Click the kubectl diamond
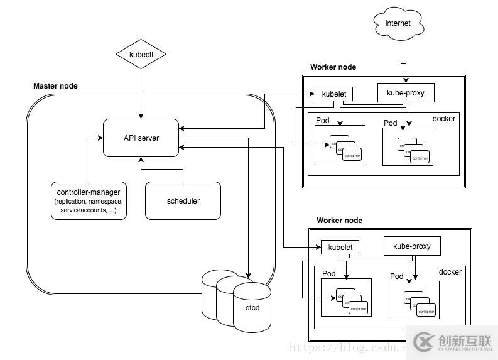pyautogui.click(x=141, y=55)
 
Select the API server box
pyautogui.click(x=141, y=138)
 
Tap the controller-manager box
pyautogui.click(x=89, y=200)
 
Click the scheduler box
pyautogui.click(x=183, y=201)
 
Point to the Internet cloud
pyautogui.click(x=398, y=23)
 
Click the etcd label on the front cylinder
pyautogui.click(x=252, y=308)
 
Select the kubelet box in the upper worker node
pyautogui.click(x=333, y=94)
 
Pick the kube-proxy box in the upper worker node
pyautogui.click(x=405, y=94)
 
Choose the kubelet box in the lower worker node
pyautogui.click(x=340, y=248)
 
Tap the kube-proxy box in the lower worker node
pyautogui.click(x=411, y=246)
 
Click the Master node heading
pyautogui.click(x=55, y=86)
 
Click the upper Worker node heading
pyautogui.click(x=333, y=67)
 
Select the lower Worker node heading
pyautogui.click(x=339, y=221)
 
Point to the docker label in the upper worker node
pyautogui.click(x=444, y=119)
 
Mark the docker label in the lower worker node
pyautogui.click(x=450, y=272)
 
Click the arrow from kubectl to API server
pyautogui.click(x=141, y=91)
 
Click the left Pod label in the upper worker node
pyautogui.click(x=322, y=121)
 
